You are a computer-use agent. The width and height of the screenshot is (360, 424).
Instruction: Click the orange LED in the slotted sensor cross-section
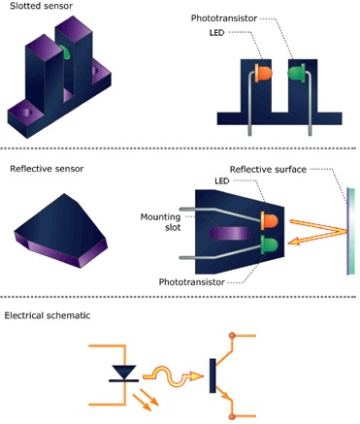[264, 74]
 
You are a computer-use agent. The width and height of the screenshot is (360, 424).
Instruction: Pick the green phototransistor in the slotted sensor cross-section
[295, 73]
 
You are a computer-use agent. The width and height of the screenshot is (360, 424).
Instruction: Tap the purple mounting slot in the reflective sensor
[225, 234]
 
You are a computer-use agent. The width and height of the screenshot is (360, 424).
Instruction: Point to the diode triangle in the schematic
[122, 371]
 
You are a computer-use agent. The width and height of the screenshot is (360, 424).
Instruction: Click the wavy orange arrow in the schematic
[177, 372]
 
